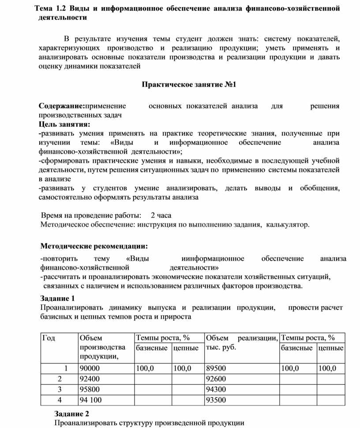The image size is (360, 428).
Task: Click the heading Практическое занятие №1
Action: coord(189,84)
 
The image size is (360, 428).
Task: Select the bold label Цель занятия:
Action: coord(64,123)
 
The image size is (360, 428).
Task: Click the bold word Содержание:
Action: coord(61,106)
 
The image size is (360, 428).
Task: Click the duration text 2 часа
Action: coord(161,216)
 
